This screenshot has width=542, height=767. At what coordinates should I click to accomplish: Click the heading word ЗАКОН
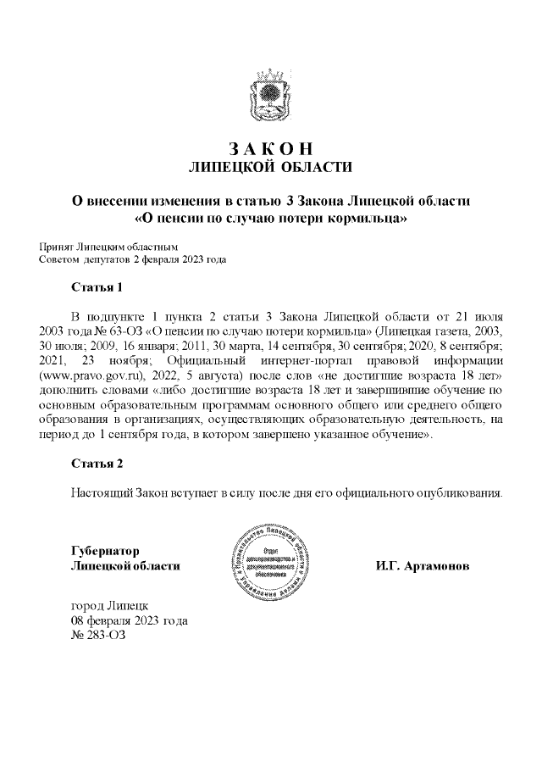coord(270,147)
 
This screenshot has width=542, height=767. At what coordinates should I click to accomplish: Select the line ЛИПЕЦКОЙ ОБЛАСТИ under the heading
coord(270,165)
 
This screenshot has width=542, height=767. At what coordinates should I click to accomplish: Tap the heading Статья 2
coord(97,464)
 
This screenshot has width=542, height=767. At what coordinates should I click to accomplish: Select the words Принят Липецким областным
coord(98,246)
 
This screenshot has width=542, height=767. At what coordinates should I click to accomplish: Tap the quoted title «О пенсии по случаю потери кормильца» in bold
coord(271,219)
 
